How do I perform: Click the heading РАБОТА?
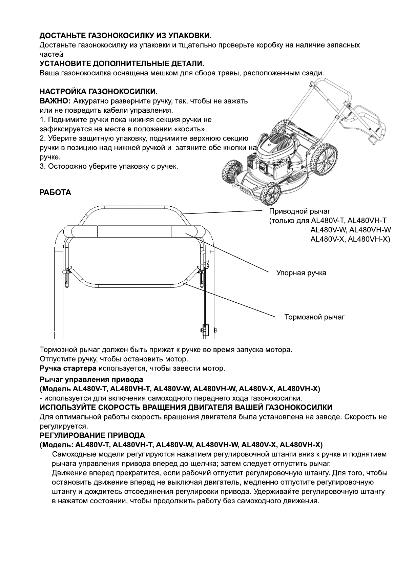coord(55,192)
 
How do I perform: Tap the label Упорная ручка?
coord(301,272)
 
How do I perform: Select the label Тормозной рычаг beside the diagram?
coord(314,317)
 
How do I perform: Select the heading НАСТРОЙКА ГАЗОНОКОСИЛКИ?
coord(98,92)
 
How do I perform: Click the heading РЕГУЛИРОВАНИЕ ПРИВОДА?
coord(92,435)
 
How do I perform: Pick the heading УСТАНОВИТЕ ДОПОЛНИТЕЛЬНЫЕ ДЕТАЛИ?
coord(122,63)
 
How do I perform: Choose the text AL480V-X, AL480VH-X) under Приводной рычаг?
coord(350,239)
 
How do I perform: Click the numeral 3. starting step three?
coord(43,167)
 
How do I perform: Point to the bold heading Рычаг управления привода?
coord(91,379)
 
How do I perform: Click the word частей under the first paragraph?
coord(51,54)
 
